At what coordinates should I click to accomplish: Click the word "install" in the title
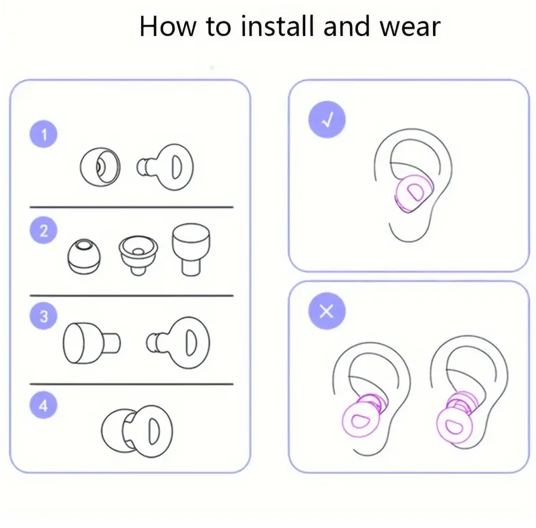(277, 26)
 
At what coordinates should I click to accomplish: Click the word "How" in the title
(168, 26)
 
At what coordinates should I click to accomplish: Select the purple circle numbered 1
(43, 134)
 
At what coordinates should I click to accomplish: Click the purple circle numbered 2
(43, 230)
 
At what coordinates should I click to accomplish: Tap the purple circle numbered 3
(43, 316)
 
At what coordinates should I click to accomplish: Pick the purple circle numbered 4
(43, 405)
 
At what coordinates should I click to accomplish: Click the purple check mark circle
(327, 120)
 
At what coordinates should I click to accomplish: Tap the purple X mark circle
(327, 311)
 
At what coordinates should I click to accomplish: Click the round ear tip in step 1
(100, 167)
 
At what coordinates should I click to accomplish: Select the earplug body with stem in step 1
(165, 167)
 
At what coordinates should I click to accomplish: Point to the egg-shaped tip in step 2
(84, 256)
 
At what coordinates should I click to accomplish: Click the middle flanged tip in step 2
(138, 254)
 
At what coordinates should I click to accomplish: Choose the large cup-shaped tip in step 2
(191, 250)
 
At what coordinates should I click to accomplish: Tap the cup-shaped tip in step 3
(92, 343)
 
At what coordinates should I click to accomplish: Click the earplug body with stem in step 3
(178, 343)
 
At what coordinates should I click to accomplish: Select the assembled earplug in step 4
(137, 430)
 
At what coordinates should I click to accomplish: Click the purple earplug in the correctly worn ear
(413, 193)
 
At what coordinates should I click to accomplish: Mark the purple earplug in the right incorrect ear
(456, 420)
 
